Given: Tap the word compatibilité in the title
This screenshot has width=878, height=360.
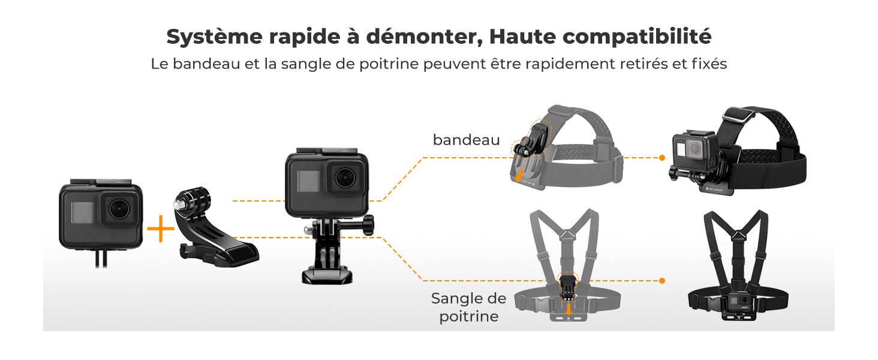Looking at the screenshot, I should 637,38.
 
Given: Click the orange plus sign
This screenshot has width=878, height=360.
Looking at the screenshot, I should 160,230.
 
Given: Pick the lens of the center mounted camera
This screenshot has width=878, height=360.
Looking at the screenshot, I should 345,178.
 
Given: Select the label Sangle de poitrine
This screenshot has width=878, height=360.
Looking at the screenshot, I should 468,307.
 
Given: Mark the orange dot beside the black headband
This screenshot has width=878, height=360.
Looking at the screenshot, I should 662,158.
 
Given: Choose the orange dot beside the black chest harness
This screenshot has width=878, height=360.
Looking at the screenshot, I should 662,281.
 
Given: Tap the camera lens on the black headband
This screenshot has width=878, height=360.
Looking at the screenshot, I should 696,149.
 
